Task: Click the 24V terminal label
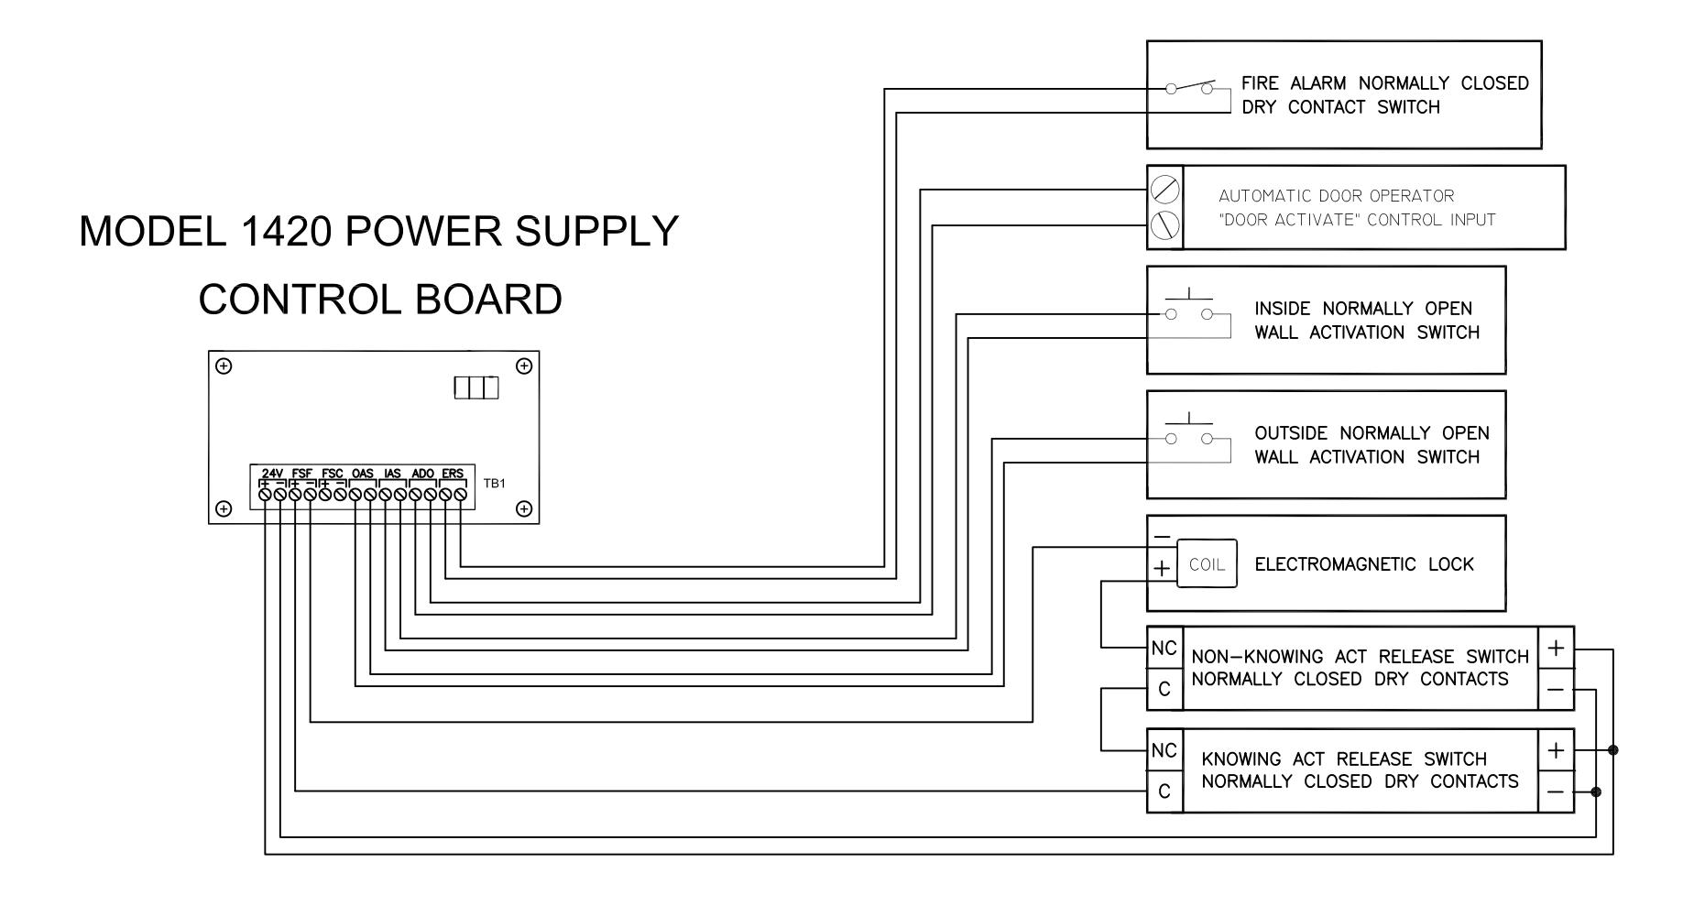click(x=272, y=474)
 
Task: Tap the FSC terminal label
click(x=333, y=474)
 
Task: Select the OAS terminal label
click(x=363, y=474)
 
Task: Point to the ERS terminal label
click(x=453, y=474)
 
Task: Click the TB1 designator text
click(x=494, y=483)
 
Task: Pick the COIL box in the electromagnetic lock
click(x=1207, y=563)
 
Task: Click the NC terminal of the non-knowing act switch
click(x=1164, y=649)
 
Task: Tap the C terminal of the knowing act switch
click(x=1164, y=791)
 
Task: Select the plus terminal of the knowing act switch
click(x=1556, y=751)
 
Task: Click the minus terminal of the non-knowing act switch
click(x=1556, y=690)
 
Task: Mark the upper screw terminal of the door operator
click(x=1164, y=191)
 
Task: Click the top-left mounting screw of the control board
click(x=224, y=366)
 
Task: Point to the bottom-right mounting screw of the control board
click(x=524, y=508)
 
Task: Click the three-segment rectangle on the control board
click(x=476, y=388)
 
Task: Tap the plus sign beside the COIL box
click(x=1162, y=568)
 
